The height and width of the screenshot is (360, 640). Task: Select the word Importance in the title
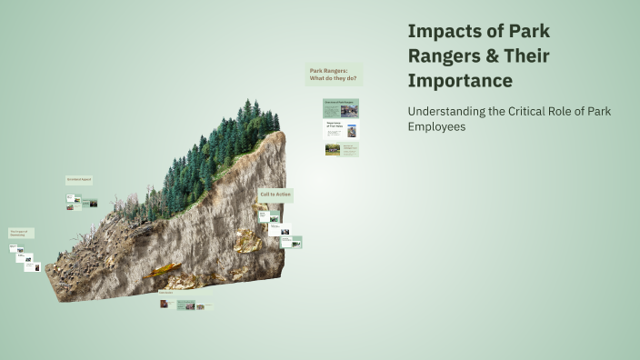coord(460,80)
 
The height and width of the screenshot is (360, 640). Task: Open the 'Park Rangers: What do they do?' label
coord(334,74)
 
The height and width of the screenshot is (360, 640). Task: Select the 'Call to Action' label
coord(276,195)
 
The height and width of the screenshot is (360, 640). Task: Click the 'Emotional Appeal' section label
coord(79,180)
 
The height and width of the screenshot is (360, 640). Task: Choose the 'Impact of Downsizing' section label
coord(22,233)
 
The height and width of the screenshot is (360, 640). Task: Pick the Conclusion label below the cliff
coord(166,293)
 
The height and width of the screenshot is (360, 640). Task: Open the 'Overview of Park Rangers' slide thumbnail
coord(342,108)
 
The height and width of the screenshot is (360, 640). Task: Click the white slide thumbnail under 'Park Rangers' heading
coord(342,130)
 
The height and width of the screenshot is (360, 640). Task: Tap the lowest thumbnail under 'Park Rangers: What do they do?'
coord(342,149)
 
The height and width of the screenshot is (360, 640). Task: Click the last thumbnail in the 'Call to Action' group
coord(293,243)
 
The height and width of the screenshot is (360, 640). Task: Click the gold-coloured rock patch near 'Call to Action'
coord(247,240)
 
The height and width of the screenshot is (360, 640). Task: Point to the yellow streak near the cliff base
coord(164,270)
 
